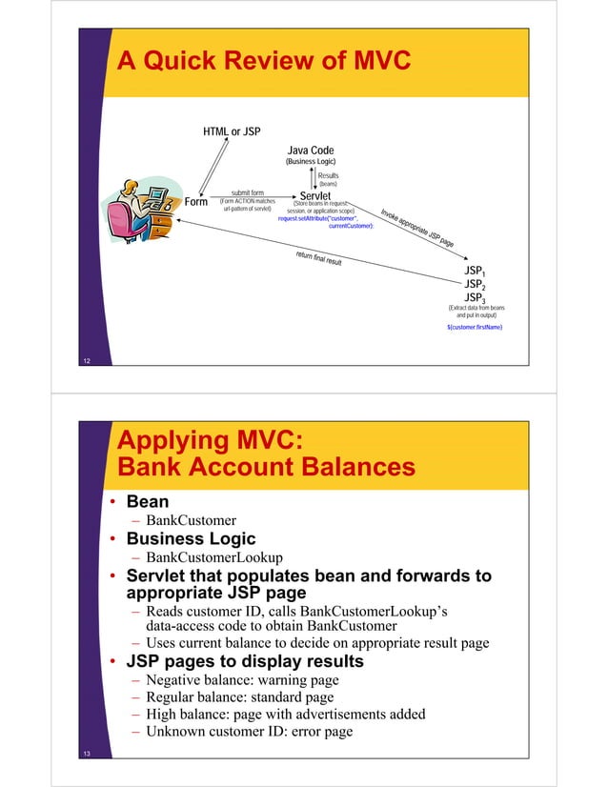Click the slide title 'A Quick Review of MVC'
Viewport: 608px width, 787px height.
(262, 62)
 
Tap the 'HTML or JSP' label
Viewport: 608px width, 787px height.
(232, 131)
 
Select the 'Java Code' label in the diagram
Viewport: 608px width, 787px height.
(311, 151)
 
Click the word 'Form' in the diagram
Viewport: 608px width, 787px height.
(196, 202)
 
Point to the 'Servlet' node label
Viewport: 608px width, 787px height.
(314, 196)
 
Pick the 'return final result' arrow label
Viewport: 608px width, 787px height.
(318, 257)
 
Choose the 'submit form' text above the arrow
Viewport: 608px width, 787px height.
(247, 192)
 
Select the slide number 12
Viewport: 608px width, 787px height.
(87, 361)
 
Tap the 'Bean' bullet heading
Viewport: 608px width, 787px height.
(148, 501)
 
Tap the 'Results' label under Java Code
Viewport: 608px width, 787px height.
(328, 175)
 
